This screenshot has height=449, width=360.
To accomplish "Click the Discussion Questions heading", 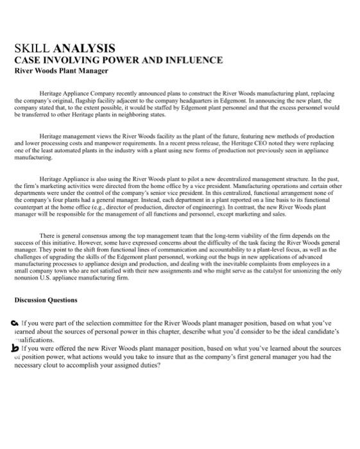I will click(46, 300).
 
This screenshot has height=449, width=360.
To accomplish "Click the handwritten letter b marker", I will click(15, 347).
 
